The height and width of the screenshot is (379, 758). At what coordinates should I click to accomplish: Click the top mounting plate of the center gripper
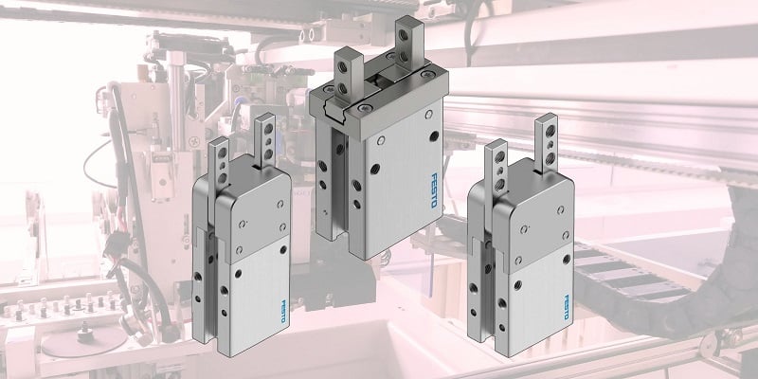tap(379, 110)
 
